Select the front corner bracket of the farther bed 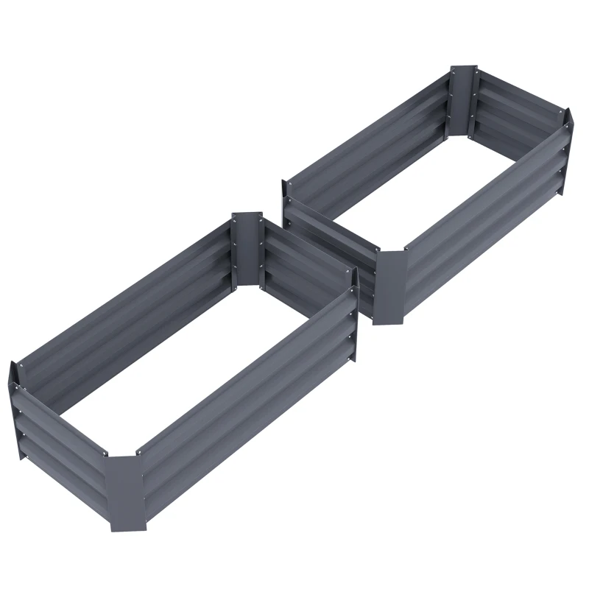(389, 287)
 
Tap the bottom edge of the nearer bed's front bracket (128, 529)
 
